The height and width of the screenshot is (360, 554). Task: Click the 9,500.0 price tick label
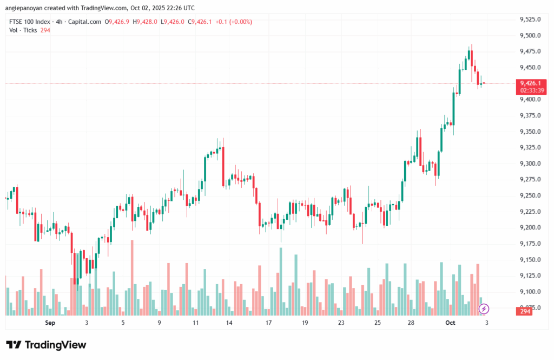[530, 35]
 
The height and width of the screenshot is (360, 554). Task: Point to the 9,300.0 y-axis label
[530, 163]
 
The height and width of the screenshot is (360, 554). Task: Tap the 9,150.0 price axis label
[530, 260]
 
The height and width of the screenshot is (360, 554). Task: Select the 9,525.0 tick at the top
[530, 19]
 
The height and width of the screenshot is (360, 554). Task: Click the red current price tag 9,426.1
[530, 83]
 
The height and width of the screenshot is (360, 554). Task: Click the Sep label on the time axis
[50, 323]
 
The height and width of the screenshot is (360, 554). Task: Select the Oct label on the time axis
[450, 323]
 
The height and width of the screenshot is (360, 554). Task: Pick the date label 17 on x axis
[268, 323]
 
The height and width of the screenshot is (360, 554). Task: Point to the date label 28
[411, 323]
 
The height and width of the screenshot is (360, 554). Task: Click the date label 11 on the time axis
[196, 323]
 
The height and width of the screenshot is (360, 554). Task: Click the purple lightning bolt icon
[484, 309]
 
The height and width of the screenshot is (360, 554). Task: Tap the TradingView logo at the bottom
[46, 345]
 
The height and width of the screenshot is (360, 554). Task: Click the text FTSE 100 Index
[30, 22]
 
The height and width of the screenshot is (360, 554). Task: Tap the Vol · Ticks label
[23, 30]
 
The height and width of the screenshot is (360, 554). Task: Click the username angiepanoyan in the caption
[26, 8]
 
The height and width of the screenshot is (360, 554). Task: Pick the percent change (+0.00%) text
[240, 22]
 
